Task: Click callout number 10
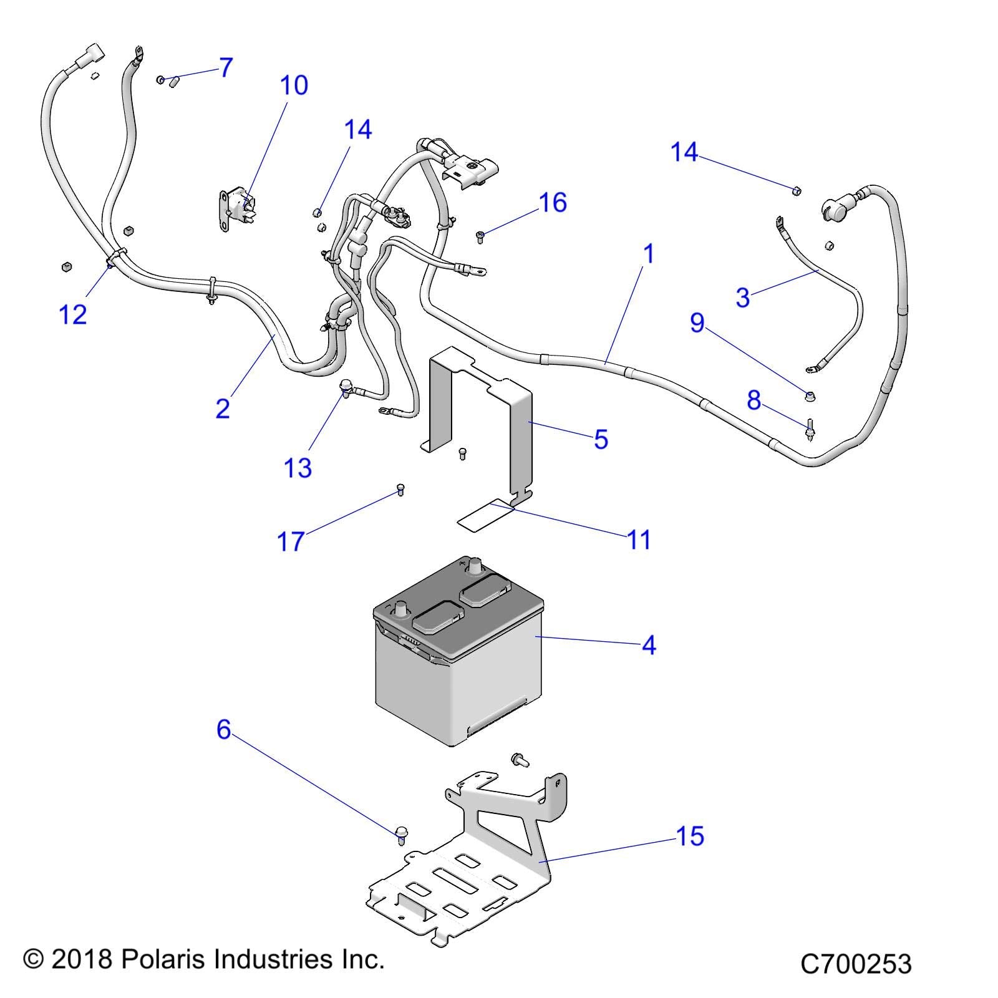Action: pos(294,85)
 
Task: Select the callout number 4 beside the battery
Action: pos(649,645)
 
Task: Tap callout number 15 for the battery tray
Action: pos(690,836)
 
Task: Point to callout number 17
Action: pos(291,541)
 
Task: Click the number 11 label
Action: pos(639,540)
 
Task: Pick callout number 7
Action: pos(226,67)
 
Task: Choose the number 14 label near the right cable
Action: pos(684,152)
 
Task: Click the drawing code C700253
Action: pos(856,964)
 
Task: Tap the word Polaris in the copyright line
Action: pos(165,959)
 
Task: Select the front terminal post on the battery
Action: pos(401,608)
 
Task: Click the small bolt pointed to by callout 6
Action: pos(402,835)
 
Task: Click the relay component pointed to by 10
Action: pos(240,206)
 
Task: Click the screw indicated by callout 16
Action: pos(481,236)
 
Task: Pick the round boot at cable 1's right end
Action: pos(835,209)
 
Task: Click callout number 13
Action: pos(298,467)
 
